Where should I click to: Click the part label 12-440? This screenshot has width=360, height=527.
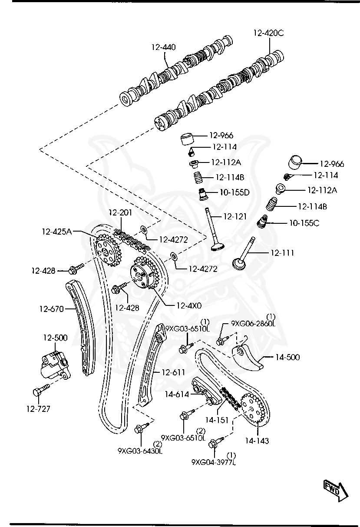tap(164, 47)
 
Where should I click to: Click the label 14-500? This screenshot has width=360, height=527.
tap(287, 358)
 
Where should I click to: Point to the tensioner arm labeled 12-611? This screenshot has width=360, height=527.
tap(149, 365)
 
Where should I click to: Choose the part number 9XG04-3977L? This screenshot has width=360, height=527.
tap(213, 462)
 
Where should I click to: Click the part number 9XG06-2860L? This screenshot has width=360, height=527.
tap(253, 323)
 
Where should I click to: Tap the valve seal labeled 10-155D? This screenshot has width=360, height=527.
tap(202, 194)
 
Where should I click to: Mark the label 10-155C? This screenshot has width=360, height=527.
tap(304, 223)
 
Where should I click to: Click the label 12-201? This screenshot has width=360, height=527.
tap(120, 213)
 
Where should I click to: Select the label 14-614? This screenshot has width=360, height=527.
tap(176, 394)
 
